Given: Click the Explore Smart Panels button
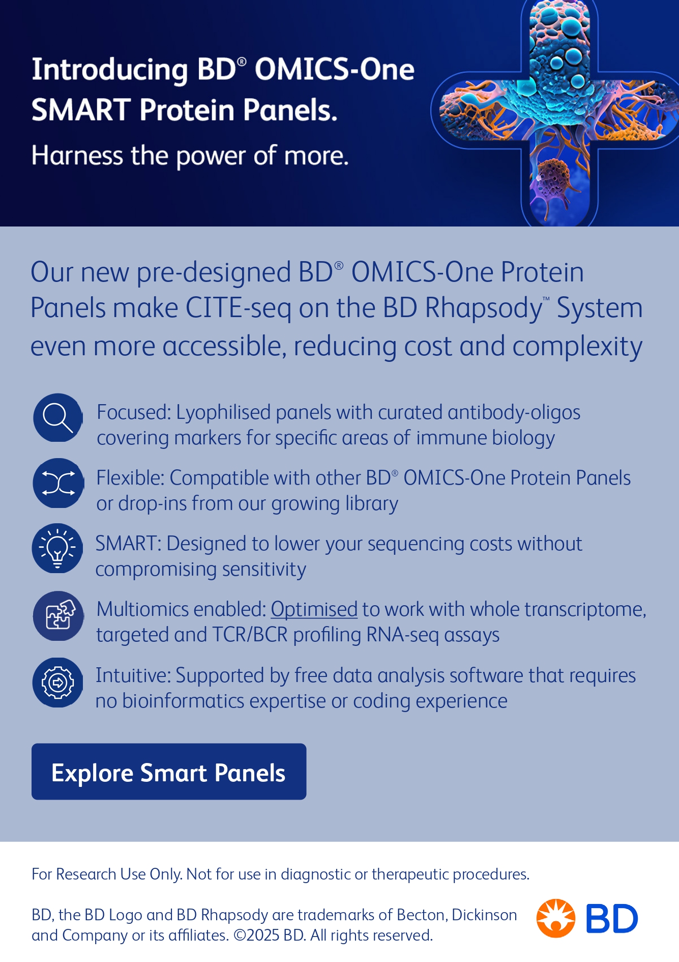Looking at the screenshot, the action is pyautogui.click(x=169, y=771).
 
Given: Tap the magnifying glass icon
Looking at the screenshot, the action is pyautogui.click(x=58, y=417).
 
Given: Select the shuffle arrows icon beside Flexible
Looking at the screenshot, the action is pyautogui.click(x=58, y=483).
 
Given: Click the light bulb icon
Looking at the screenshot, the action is pyautogui.click(x=57, y=548).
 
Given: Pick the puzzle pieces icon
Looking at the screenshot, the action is pyautogui.click(x=58, y=616).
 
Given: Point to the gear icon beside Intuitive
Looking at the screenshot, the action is pyautogui.click(x=57, y=683).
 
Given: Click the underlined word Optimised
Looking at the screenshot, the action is pyautogui.click(x=314, y=609).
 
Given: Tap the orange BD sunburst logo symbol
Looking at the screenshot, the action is pyautogui.click(x=556, y=918).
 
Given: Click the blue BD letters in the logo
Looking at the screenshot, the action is pyautogui.click(x=612, y=919).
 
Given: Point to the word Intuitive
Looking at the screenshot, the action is pyautogui.click(x=134, y=675).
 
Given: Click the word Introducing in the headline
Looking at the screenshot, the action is pyautogui.click(x=110, y=70).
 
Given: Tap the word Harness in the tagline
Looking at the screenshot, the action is pyautogui.click(x=77, y=155).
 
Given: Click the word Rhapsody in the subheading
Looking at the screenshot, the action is pyautogui.click(x=484, y=308).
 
